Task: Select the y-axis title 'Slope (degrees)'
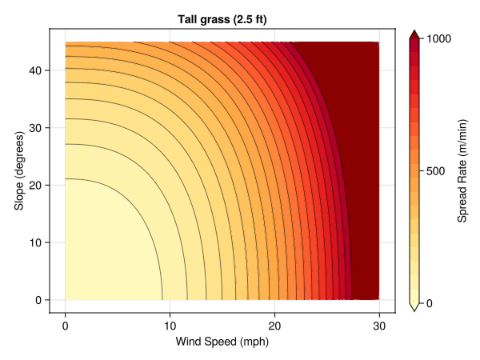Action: [x=18, y=166]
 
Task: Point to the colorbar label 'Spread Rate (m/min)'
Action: [x=463, y=170]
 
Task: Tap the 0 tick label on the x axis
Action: [x=65, y=325]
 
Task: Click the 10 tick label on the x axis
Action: [x=170, y=325]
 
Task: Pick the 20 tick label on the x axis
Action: [x=274, y=325]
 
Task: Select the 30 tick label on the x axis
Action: [x=379, y=325]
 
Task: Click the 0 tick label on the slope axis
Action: [x=39, y=300]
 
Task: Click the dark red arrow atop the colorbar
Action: [x=414, y=34]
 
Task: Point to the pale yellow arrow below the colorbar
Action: [x=414, y=307]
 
